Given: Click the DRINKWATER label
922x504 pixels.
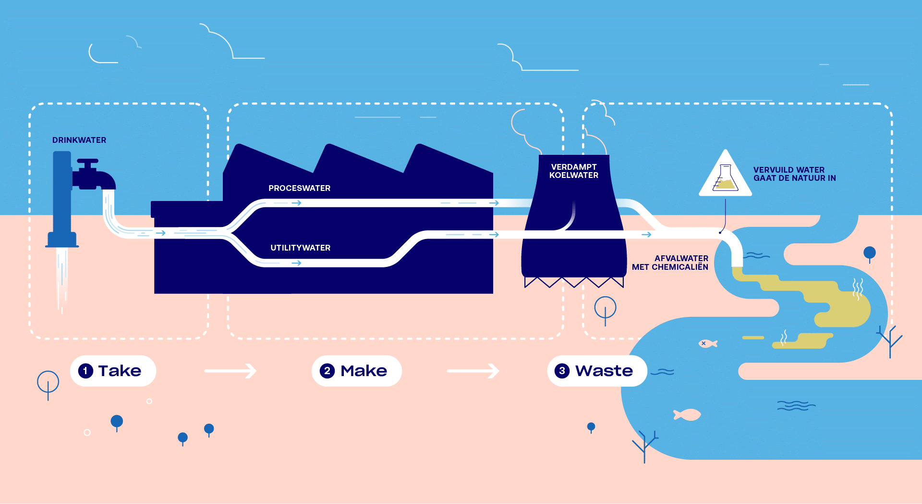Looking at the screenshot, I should [79, 140].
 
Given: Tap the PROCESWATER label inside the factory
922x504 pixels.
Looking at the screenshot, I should [299, 188].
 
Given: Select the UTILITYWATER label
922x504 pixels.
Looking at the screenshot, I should [300, 248].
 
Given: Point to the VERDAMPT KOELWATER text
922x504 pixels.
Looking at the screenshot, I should [574, 171].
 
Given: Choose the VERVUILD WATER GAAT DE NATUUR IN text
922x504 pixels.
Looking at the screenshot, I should [794, 174].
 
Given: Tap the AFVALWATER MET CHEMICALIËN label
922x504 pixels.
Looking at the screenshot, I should [670, 263].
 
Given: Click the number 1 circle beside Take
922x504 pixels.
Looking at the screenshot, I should [85, 371].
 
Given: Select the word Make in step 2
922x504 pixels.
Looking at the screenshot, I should [364, 371].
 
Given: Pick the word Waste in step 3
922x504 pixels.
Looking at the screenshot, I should [604, 371].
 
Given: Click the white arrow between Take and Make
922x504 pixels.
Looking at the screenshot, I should [230, 371].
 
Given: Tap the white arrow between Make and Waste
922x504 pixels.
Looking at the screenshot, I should [473, 371].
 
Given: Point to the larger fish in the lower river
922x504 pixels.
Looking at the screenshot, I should [688, 415].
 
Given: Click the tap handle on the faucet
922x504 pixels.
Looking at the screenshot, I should [88, 162].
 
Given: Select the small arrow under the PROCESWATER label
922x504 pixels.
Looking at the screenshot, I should [296, 203].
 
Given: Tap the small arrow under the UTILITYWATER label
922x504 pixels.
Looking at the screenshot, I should [296, 263].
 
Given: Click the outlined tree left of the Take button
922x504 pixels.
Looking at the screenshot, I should [48, 383].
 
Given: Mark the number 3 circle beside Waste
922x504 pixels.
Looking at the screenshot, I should [562, 371].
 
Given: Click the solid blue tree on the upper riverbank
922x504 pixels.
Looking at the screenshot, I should [869, 253].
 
